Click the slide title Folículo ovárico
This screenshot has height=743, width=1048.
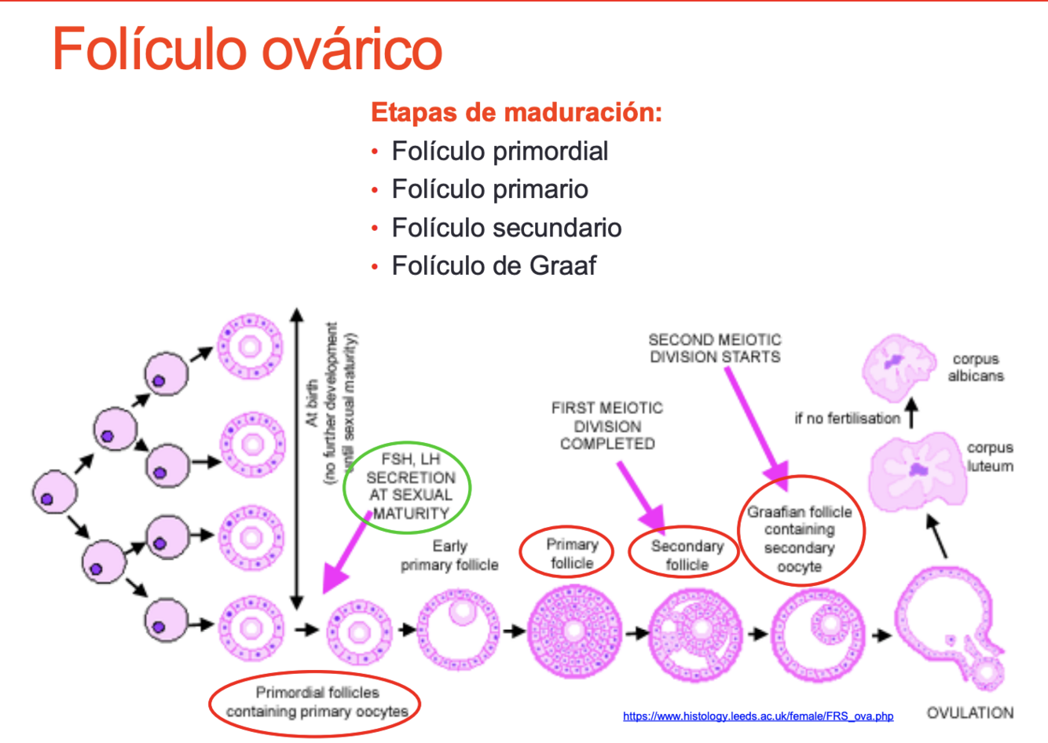[x=247, y=49]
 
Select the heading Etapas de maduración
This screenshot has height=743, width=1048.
[x=516, y=112]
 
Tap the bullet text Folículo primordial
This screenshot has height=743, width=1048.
[x=500, y=151]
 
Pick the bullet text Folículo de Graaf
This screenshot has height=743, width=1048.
[x=493, y=265]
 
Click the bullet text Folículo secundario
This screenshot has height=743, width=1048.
[x=507, y=228]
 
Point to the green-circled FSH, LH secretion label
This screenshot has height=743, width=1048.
[x=408, y=486]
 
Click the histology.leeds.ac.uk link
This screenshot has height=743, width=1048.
[x=758, y=716]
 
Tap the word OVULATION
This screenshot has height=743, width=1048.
[x=969, y=713]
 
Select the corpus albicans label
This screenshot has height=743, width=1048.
[x=976, y=367]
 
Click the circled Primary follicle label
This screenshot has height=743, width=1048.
[x=571, y=554]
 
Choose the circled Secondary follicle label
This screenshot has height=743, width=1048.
[x=686, y=555]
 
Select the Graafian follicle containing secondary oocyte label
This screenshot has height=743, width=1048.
[x=799, y=539]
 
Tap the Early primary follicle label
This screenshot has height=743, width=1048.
[x=449, y=555]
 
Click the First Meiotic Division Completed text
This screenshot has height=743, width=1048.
[x=606, y=426]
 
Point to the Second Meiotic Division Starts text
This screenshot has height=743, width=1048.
[x=714, y=348]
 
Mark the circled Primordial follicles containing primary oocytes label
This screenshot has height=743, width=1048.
[x=317, y=702]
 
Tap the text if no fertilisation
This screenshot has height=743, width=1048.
[x=847, y=419]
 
